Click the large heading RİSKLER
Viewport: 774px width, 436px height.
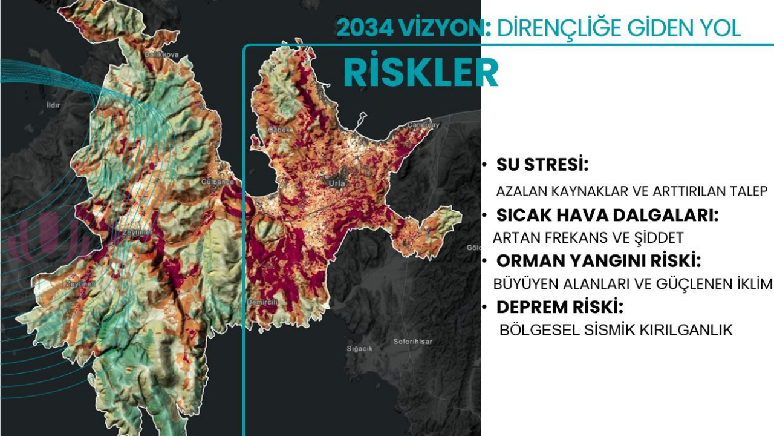coord(421,73)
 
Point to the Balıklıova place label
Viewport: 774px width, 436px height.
coord(161,54)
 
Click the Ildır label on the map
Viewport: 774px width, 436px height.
coord(53,105)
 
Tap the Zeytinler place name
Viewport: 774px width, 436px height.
coord(135,232)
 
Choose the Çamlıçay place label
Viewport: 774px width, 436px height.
coord(423,125)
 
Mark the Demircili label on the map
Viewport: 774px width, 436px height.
coord(261,302)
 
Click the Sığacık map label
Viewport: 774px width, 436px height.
coord(360,349)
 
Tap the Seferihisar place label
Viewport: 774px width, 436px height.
coord(413,342)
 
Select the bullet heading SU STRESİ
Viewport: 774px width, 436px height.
coord(542,165)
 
